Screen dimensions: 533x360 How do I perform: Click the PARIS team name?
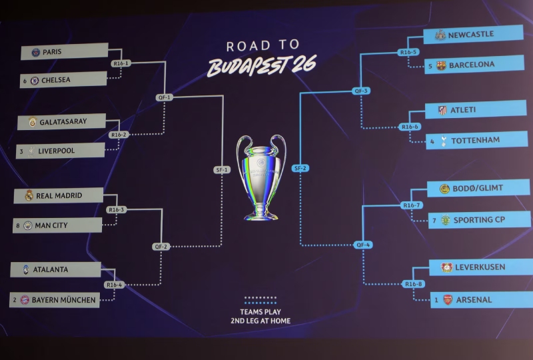click(52, 52)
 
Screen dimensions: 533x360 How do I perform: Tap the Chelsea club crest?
click(35, 81)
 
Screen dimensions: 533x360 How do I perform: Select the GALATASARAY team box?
click(61, 121)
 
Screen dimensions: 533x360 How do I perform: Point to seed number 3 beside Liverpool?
click(21, 151)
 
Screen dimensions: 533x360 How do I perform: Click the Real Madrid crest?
click(29, 195)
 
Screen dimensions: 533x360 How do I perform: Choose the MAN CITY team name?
click(51, 225)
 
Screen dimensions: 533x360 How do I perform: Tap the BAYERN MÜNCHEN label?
click(63, 300)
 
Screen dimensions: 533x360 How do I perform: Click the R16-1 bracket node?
click(121, 63)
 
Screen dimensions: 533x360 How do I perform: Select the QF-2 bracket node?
click(161, 247)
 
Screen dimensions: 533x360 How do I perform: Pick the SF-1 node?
click(222, 169)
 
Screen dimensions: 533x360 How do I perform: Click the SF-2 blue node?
click(300, 168)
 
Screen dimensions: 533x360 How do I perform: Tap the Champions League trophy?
click(261, 177)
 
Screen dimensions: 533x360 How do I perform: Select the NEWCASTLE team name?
click(471, 35)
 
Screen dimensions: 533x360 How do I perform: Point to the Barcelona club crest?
click(441, 65)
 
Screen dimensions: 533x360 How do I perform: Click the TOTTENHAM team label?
click(475, 140)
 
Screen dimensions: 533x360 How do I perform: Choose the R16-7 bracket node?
click(412, 205)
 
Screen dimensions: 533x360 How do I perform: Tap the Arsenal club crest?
click(448, 300)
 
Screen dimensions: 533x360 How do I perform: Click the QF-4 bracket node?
click(363, 245)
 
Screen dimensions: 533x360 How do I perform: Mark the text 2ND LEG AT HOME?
click(261, 321)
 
